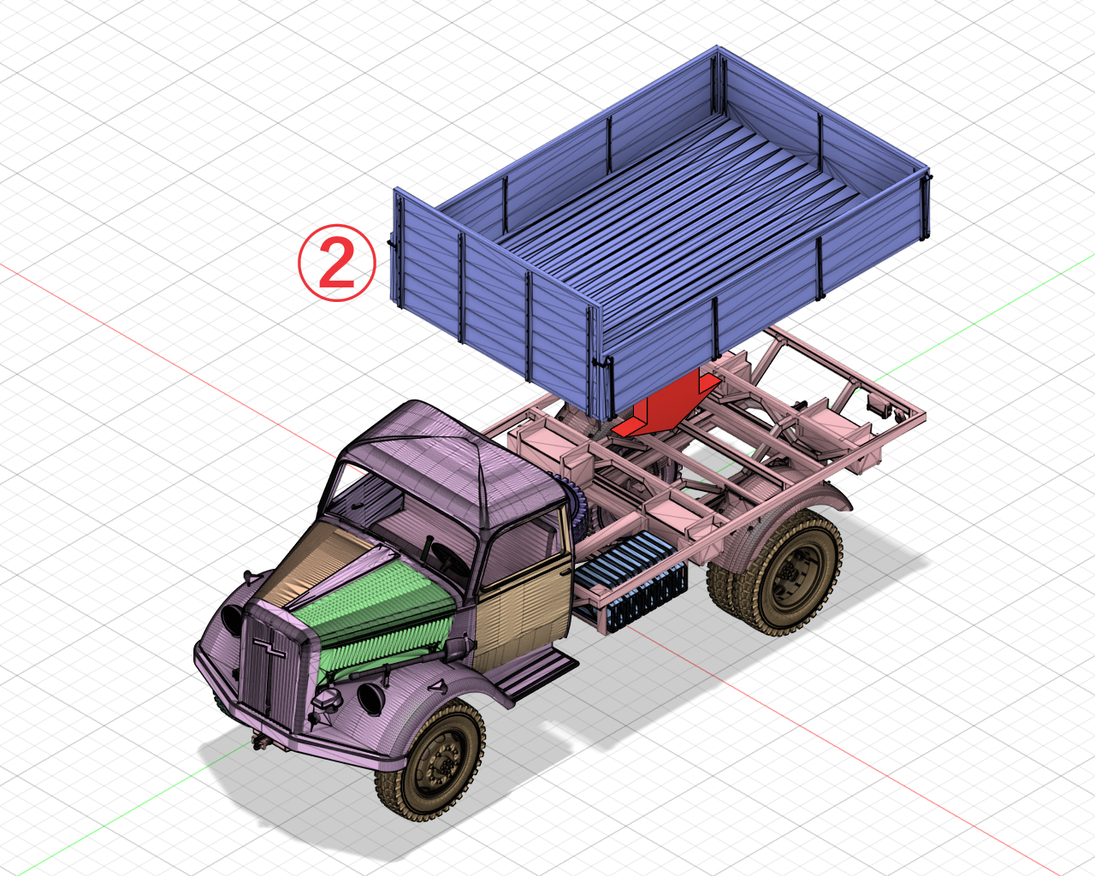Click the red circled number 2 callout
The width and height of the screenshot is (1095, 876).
(336, 263)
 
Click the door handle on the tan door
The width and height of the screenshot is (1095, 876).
(565, 568)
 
